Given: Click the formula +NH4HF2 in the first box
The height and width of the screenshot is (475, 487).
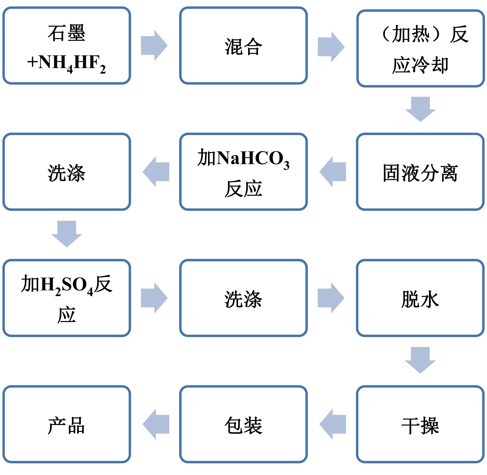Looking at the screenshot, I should (x=66, y=63).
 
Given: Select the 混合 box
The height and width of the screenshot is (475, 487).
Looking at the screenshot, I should (x=243, y=46).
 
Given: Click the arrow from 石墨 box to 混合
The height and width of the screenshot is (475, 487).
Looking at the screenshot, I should (x=154, y=46).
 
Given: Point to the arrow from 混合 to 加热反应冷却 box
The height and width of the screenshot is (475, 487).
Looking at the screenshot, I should (x=331, y=47).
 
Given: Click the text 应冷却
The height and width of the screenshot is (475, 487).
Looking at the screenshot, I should (x=420, y=65).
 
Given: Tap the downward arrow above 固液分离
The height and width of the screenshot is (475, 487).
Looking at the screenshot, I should (x=420, y=109).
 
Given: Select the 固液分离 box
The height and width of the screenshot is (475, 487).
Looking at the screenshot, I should (x=420, y=172).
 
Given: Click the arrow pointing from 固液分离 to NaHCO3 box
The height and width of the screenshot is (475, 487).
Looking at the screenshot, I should (x=333, y=172).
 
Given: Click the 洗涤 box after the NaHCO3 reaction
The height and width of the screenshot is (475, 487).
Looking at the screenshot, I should (x=66, y=172).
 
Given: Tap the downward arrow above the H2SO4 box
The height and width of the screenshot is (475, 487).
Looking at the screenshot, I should (x=67, y=233).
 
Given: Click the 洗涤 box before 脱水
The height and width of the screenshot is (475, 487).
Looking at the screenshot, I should (x=243, y=298).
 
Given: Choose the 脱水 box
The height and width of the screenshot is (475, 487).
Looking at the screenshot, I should (x=420, y=298).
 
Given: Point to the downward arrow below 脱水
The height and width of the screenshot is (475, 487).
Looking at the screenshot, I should (x=420, y=360).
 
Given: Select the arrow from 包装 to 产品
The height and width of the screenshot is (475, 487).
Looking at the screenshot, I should (x=156, y=424).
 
